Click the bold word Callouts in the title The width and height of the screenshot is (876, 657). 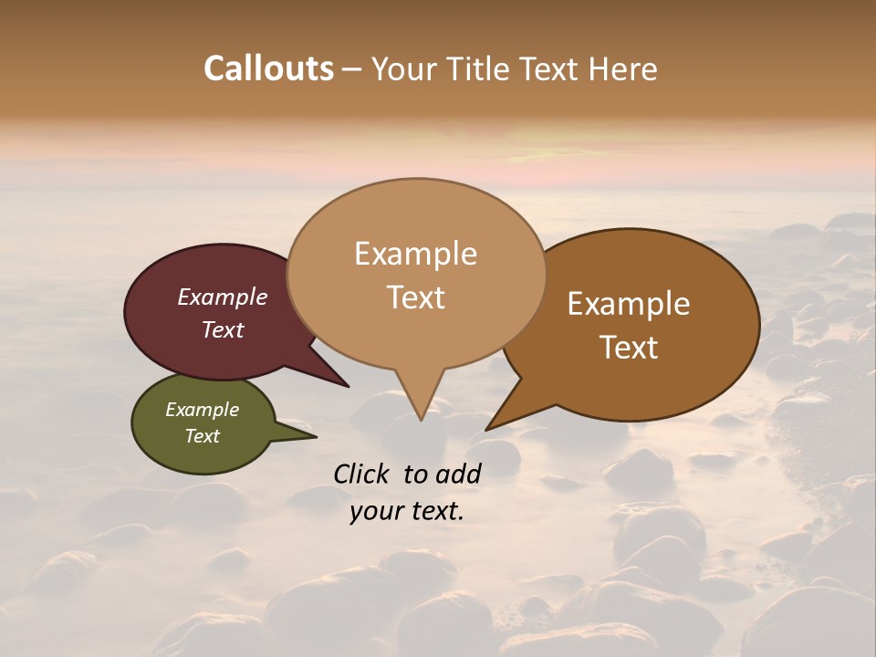[268, 68]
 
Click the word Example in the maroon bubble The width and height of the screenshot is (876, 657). [223, 297]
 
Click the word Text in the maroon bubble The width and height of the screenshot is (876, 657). [223, 329]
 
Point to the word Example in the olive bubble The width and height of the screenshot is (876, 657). [203, 410]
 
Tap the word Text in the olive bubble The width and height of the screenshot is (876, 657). [203, 436]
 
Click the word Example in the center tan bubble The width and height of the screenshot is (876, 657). [416, 254]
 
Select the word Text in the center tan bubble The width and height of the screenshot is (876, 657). [416, 297]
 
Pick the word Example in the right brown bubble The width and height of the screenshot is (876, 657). [629, 304]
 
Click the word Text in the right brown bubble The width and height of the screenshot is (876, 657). [629, 348]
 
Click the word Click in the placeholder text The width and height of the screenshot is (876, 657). [362, 474]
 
